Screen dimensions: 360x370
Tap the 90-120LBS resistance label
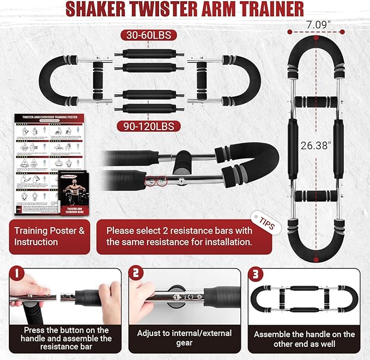click(x=149, y=126)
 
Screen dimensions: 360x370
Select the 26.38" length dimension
click(x=317, y=145)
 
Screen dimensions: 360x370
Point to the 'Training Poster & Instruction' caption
click(x=50, y=236)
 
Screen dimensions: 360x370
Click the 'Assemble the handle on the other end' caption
click(x=304, y=339)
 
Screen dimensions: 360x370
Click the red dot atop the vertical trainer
click(x=317, y=39)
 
